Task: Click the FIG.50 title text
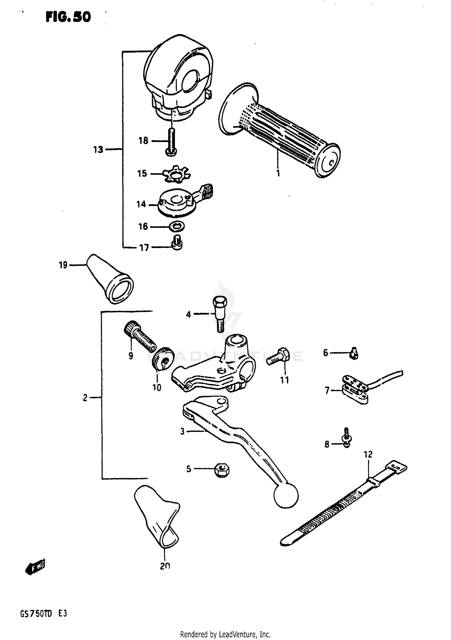(x=68, y=17)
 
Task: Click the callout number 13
(x=98, y=150)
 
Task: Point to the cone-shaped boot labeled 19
(x=110, y=278)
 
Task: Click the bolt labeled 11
(x=278, y=356)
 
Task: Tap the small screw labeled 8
(x=347, y=438)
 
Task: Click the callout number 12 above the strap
(x=368, y=454)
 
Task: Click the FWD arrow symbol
(x=35, y=568)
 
